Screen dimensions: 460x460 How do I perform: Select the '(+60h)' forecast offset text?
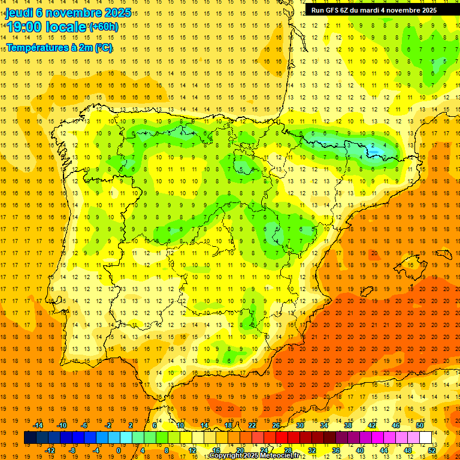click(104, 27)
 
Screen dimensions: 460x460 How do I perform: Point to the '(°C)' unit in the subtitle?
click(102, 47)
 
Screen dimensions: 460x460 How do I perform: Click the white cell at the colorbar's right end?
click(425, 438)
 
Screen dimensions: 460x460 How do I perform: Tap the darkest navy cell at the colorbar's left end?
click(30, 438)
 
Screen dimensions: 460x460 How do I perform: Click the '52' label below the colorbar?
click(432, 450)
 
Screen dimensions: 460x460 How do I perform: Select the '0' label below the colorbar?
click(119, 450)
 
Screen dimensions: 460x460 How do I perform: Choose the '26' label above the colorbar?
click(276, 425)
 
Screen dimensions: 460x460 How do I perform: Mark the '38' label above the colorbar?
click(348, 425)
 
